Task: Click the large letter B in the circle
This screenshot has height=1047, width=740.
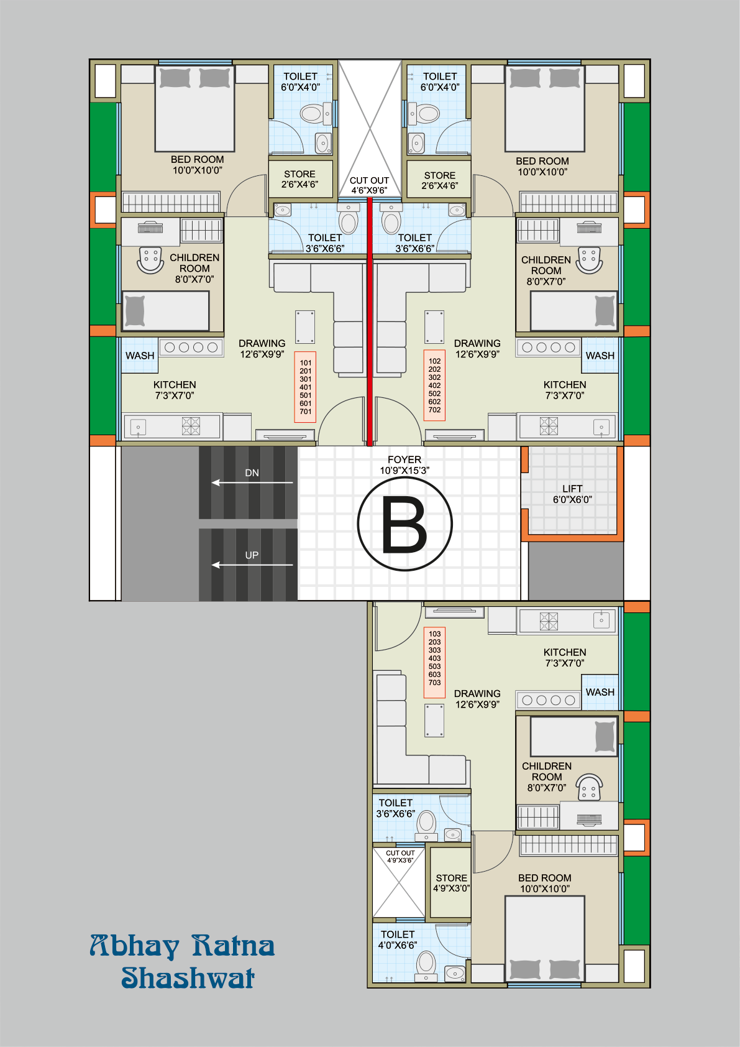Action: tap(404, 524)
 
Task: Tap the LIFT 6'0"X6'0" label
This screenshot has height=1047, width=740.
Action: tap(572, 494)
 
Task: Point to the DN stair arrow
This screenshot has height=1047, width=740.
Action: tap(252, 482)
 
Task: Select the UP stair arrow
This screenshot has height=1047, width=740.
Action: tap(252, 565)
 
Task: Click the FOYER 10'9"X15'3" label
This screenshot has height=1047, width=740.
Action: tap(404, 465)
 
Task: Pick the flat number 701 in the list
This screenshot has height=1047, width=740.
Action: tap(306, 412)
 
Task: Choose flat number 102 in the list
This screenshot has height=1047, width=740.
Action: tap(434, 361)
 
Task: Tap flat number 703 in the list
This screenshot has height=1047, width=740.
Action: tap(434, 683)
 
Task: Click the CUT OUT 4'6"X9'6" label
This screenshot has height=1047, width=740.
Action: tap(369, 185)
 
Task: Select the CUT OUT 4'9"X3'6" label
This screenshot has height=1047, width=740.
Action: tap(400, 856)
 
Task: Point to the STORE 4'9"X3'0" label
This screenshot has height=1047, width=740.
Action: tap(451, 883)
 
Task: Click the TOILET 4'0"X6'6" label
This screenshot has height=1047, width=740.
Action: tap(398, 939)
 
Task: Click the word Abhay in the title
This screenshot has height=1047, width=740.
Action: tap(135, 946)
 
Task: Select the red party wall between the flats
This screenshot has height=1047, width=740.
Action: tap(370, 321)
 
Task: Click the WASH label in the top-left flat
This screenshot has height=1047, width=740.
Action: tap(140, 356)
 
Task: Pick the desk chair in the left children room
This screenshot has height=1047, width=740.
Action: tap(150, 261)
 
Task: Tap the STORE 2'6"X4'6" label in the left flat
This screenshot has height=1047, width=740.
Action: tap(299, 179)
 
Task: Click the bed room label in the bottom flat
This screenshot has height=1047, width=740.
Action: tap(545, 883)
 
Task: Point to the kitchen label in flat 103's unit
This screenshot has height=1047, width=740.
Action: tap(565, 657)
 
